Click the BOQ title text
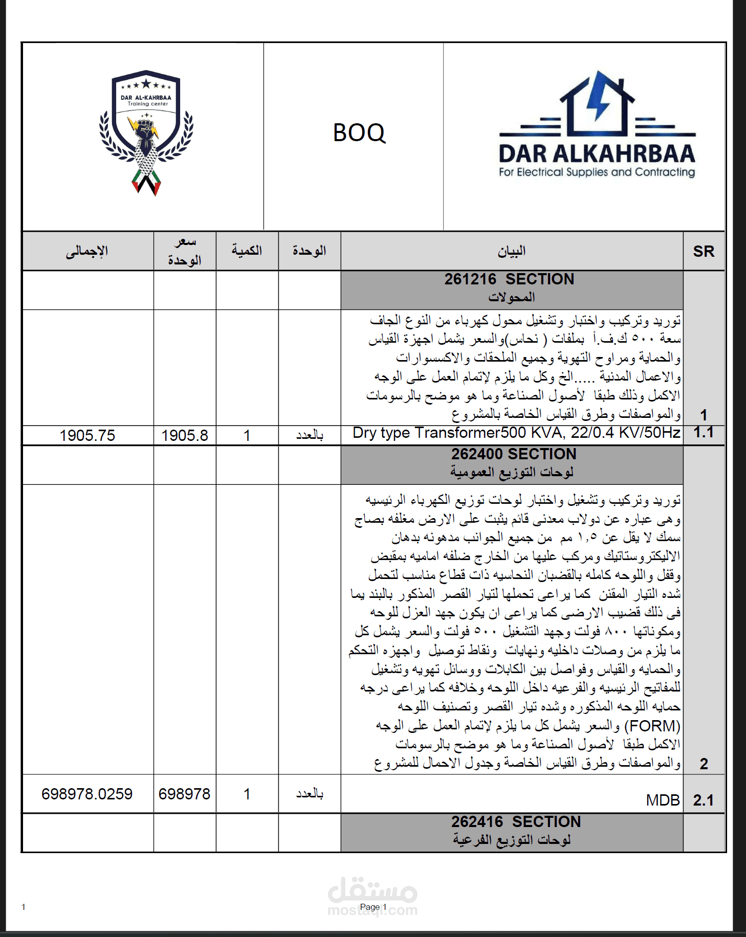[359, 133]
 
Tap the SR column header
[704, 251]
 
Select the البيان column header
[512, 251]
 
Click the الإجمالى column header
[87, 251]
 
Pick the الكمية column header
[247, 251]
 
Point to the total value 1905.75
[87, 435]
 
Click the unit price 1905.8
[185, 435]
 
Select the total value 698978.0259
[87, 794]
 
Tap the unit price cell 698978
[184, 794]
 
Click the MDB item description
[663, 800]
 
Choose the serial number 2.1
[704, 800]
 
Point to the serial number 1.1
[704, 433]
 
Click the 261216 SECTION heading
[509, 279]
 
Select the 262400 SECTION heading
[514, 454]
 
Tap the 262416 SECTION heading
[516, 822]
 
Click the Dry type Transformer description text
[516, 433]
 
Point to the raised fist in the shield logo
[145, 131]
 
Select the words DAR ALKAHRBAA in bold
[597, 154]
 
